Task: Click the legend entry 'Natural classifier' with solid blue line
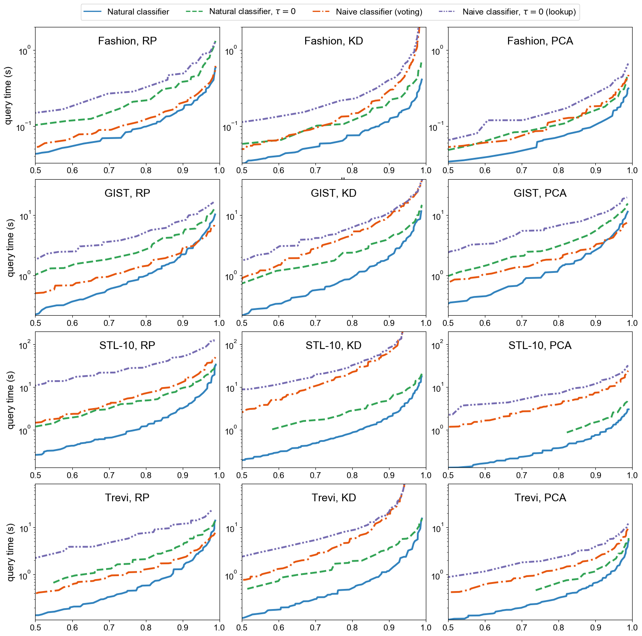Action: click(138, 12)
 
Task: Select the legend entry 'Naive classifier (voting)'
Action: click(379, 12)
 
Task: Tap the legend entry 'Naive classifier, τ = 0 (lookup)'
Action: click(519, 12)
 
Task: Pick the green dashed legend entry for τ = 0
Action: click(252, 12)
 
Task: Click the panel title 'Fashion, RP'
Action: click(127, 41)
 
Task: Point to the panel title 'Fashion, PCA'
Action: click(540, 41)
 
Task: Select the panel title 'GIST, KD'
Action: click(333, 193)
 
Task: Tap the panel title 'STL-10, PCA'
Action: click(540, 346)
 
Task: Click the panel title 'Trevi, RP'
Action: click(127, 498)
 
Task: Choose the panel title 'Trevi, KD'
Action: click(333, 498)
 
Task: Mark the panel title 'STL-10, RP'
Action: click(127, 346)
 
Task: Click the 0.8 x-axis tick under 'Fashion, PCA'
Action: click(559, 170)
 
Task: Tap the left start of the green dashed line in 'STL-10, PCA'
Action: click(567, 432)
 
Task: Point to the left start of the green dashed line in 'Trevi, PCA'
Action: click(536, 591)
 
